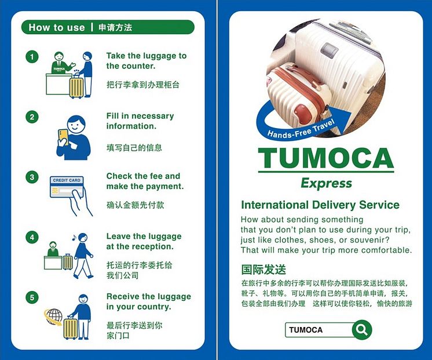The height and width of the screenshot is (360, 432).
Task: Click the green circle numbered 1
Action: pyautogui.click(x=32, y=57)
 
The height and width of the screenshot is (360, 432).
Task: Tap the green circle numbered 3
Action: pyautogui.click(x=32, y=177)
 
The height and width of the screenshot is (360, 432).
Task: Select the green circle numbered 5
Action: pyautogui.click(x=32, y=297)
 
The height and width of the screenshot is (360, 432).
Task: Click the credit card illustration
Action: pyautogui.click(x=67, y=187)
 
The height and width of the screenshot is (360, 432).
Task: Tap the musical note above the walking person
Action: pyautogui.click(x=74, y=238)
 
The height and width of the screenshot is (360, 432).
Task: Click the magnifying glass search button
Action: pyautogui.click(x=362, y=329)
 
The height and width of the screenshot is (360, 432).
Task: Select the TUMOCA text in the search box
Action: pyautogui.click(x=306, y=330)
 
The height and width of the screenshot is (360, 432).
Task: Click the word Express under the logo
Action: pyautogui.click(x=326, y=183)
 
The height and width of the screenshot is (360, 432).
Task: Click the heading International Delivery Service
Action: pyautogui.click(x=320, y=205)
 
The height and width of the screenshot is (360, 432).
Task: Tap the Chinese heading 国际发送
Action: pyautogui.click(x=263, y=270)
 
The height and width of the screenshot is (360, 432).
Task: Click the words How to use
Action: pyautogui.click(x=57, y=27)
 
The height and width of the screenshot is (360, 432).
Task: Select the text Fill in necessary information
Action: pyautogui.click(x=140, y=121)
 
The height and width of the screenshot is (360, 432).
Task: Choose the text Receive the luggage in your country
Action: pyautogui.click(x=148, y=301)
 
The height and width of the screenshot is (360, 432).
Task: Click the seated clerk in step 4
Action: pyautogui.click(x=53, y=249)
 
